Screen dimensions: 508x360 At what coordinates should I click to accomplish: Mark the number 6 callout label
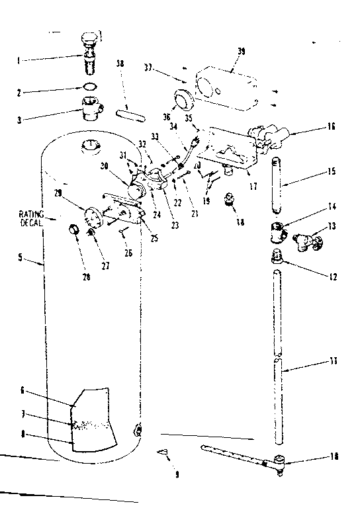[22, 391]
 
